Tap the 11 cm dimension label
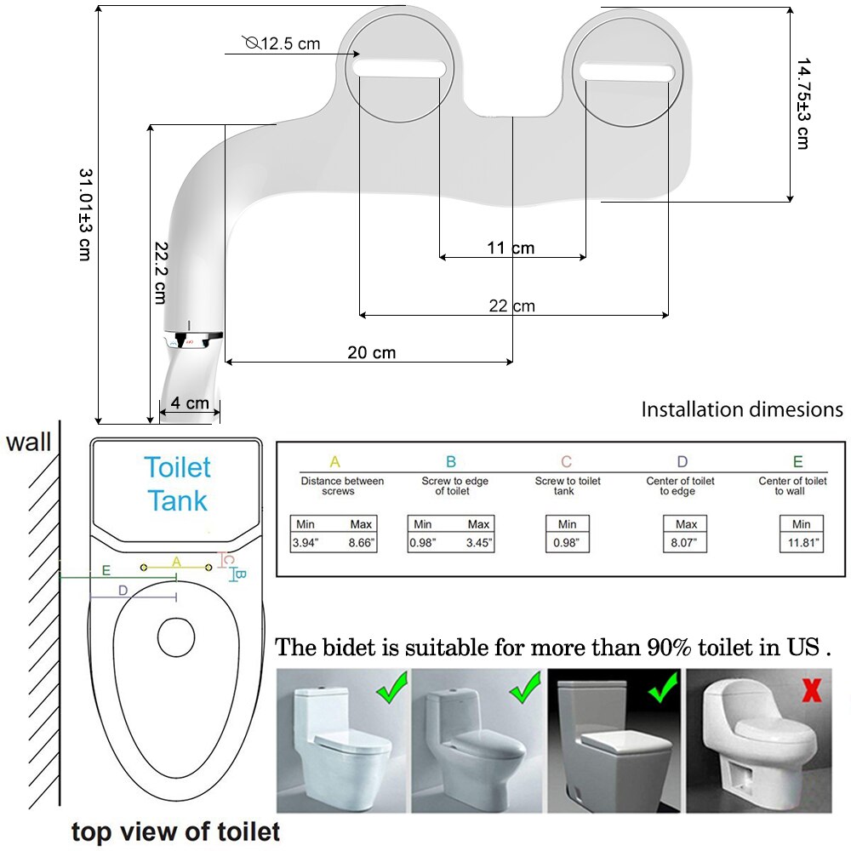pos(511,248)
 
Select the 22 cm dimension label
pos(511,306)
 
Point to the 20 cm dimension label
pos(372,352)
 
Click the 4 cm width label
pos(190,403)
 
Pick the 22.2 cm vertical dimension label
pos(161,272)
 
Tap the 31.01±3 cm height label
pos(86,214)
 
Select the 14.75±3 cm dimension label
pos(803,103)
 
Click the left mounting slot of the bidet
pos(400,68)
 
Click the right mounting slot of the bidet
pos(627,72)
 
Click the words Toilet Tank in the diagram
pos(178,483)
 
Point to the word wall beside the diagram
pos(28,442)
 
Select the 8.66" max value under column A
pos(361,543)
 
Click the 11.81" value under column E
pos(802,543)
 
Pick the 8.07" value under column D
pos(684,543)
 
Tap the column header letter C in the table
pos(566,461)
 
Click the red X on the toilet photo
pos(811,691)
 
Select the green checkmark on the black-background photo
pos(663,687)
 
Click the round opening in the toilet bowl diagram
pos(176,637)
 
